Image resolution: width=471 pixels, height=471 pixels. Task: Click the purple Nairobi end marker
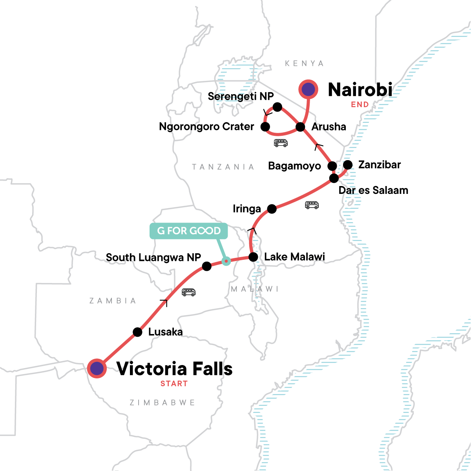pyautogui.click(x=309, y=89)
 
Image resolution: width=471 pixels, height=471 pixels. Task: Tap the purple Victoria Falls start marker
pyautogui.click(x=97, y=369)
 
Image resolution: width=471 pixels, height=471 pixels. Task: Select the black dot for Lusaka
pyautogui.click(x=137, y=332)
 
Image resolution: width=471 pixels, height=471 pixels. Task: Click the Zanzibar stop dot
pyautogui.click(x=348, y=164)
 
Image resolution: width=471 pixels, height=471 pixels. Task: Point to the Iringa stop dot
pyautogui.click(x=272, y=209)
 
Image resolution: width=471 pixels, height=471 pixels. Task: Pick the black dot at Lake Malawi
pyautogui.click(x=254, y=257)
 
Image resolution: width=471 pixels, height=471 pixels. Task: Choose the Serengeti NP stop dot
pyautogui.click(x=277, y=107)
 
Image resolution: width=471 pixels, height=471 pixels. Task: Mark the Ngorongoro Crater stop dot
pyautogui.click(x=265, y=126)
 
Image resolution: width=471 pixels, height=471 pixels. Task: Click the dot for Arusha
pyautogui.click(x=300, y=127)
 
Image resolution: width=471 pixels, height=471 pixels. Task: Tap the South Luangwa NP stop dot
pyautogui.click(x=207, y=267)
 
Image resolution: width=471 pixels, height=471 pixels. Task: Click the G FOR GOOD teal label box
pyautogui.click(x=188, y=231)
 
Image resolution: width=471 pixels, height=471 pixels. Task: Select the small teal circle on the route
pyautogui.click(x=226, y=261)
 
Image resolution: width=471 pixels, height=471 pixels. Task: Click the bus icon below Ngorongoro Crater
pyautogui.click(x=281, y=143)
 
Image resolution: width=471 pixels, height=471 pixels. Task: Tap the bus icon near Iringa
pyautogui.click(x=312, y=205)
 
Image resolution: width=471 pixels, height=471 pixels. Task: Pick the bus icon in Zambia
pyautogui.click(x=189, y=292)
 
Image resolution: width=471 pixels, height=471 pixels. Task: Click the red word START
pyautogui.click(x=174, y=384)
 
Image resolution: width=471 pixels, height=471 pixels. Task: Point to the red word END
pyautogui.click(x=360, y=104)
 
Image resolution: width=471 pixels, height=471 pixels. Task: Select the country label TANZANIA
pyautogui.click(x=223, y=167)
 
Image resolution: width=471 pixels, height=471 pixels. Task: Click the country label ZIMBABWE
pyautogui.click(x=162, y=403)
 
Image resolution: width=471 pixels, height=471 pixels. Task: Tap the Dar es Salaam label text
pyautogui.click(x=373, y=190)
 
